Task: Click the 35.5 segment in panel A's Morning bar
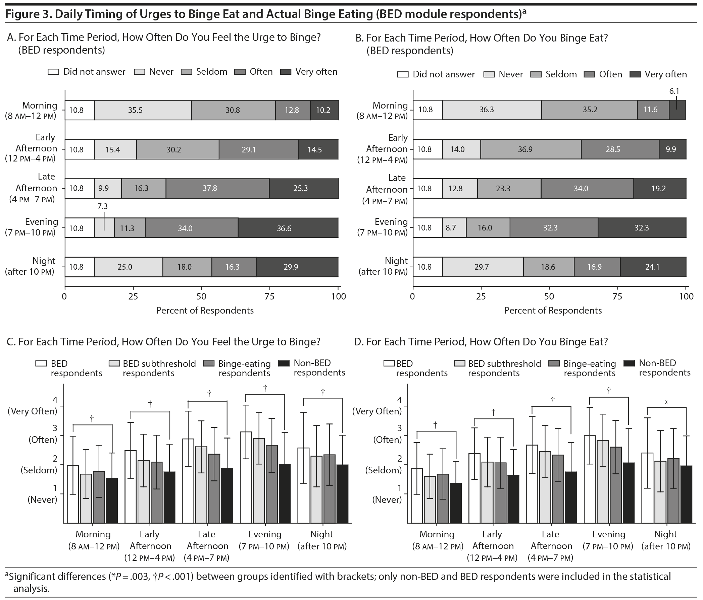[x=143, y=110]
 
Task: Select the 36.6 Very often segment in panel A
[x=288, y=228]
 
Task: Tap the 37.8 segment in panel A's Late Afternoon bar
[x=217, y=188]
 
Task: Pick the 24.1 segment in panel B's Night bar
[x=653, y=267]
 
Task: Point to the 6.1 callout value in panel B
[x=674, y=91]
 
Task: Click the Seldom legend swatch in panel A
[x=186, y=72]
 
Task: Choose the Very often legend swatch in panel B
[x=635, y=74]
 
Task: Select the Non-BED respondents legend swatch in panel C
[x=284, y=363]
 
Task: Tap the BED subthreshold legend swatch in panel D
[x=459, y=364]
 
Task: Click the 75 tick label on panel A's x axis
[x=270, y=296]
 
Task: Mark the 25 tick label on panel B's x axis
[x=481, y=296]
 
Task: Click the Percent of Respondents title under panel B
[x=553, y=311]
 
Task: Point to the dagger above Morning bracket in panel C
[x=92, y=419]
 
